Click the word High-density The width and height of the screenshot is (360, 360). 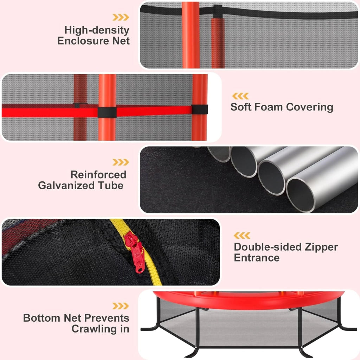[97, 30]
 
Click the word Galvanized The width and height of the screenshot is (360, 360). [66, 186]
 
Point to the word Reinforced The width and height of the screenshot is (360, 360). [98, 175]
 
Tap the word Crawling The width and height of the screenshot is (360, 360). [95, 329]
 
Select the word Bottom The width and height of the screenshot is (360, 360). [41, 318]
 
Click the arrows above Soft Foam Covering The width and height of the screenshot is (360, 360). [240, 96]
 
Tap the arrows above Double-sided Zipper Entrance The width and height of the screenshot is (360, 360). [242, 236]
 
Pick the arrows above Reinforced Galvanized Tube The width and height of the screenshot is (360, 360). [121, 162]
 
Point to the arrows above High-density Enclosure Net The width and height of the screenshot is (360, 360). [121, 17]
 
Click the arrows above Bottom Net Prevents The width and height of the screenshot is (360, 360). [121, 306]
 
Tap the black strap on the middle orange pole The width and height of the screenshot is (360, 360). [107, 112]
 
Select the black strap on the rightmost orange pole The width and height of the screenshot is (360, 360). [200, 110]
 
